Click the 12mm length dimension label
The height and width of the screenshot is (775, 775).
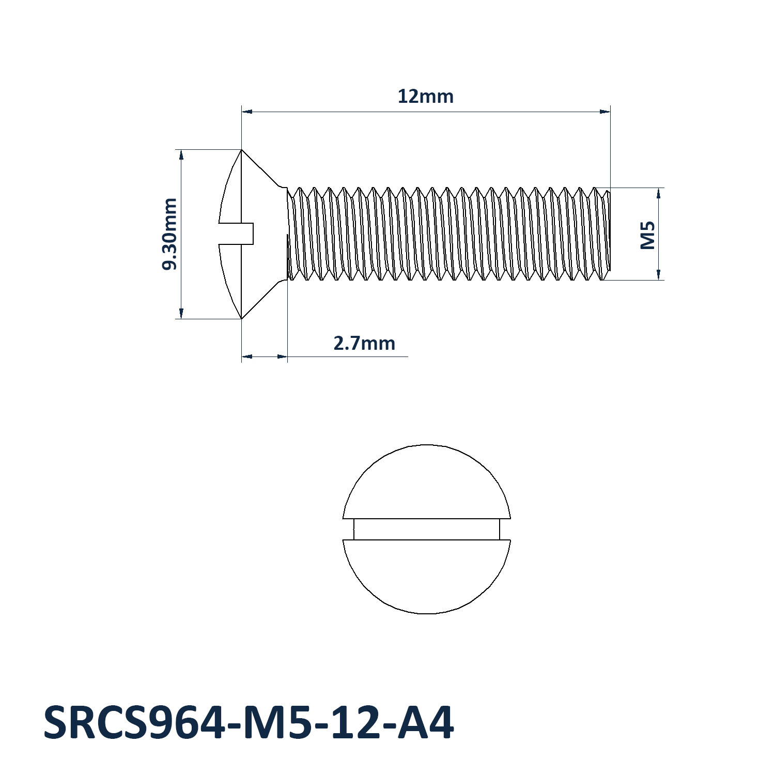425,97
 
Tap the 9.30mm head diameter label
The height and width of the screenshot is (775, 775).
169,234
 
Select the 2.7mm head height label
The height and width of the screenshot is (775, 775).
364,343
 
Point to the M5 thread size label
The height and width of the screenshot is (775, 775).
647,235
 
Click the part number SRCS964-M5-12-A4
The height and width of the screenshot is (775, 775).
249,723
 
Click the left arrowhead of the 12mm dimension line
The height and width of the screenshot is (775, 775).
247,111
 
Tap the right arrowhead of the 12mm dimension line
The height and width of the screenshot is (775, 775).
605,111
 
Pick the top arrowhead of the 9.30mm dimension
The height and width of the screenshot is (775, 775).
181,155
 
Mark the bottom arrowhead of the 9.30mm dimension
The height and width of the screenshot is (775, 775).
181,313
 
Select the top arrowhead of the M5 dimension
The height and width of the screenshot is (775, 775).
659,193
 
